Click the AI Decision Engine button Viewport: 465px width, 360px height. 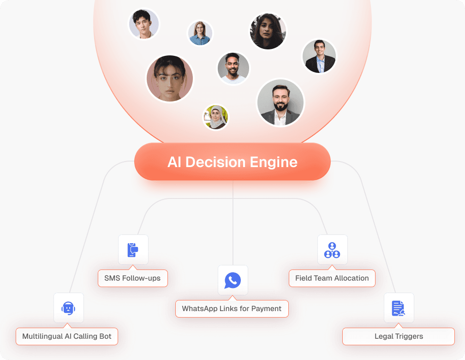point(232,162)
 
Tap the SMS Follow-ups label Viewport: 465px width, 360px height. point(132,278)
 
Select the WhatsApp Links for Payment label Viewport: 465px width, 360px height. point(232,309)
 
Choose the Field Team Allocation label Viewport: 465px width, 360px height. point(332,278)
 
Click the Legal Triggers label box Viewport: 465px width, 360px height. point(399,336)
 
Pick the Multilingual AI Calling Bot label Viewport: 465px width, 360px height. point(67,336)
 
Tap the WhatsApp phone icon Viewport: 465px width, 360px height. point(232,280)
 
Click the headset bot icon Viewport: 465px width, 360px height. point(68,308)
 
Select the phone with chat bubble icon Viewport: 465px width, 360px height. point(133,250)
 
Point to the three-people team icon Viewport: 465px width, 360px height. point(332,250)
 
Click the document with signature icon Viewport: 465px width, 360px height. point(399,308)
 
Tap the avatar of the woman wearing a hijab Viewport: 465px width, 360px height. point(216,117)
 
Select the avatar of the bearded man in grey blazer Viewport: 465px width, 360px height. point(280,102)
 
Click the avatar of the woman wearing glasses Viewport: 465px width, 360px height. point(200,33)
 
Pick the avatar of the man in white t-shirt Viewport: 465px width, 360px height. point(233,68)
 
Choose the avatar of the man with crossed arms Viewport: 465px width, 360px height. point(319,56)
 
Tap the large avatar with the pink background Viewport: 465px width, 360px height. point(169,79)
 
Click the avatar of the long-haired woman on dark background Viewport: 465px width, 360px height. point(268,31)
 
